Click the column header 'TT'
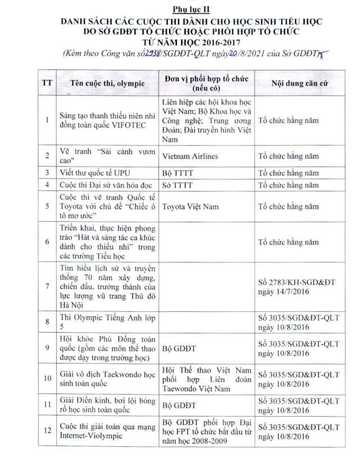(47, 83)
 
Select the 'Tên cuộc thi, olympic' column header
(107, 83)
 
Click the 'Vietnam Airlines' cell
(189, 156)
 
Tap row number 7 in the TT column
(47, 286)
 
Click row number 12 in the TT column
(47, 432)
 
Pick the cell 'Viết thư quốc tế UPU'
(95, 172)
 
